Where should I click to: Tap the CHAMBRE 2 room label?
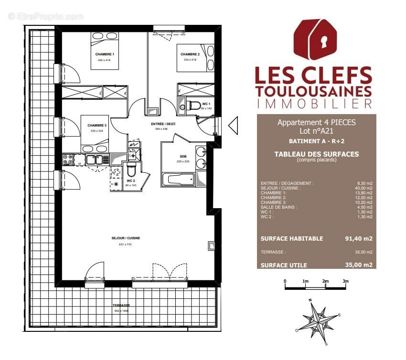[190, 54]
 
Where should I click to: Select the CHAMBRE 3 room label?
[97, 126]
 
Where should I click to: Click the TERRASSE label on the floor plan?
[121, 305]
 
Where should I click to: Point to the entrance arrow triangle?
[233, 126]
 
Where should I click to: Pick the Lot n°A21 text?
[316, 130]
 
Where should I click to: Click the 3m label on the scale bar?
[345, 281]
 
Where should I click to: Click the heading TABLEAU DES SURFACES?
[316, 154]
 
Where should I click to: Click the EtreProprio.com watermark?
[45, 16]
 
